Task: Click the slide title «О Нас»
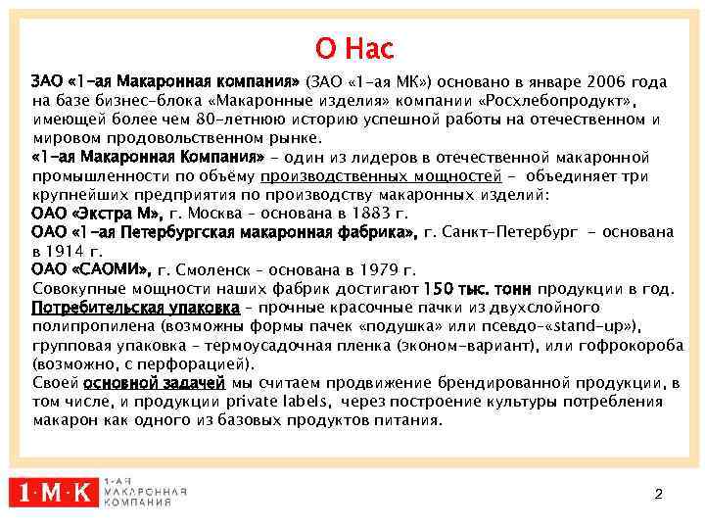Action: (x=353, y=47)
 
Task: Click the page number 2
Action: (x=658, y=494)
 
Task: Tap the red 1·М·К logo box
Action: (x=54, y=493)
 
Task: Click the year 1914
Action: (x=68, y=251)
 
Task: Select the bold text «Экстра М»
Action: (x=118, y=213)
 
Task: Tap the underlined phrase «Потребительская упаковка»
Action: (x=136, y=308)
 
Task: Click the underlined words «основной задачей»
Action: (x=155, y=383)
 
